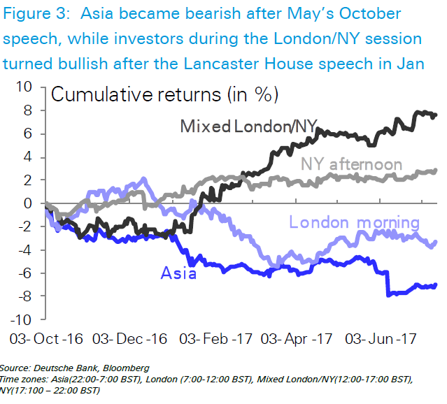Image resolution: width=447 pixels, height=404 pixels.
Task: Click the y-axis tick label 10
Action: pos(24,87)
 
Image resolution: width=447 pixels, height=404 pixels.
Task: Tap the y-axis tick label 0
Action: pos(28,203)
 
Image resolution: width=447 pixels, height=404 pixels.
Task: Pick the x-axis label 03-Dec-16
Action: pos(129,340)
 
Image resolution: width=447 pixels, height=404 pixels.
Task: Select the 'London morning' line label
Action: pos(354,223)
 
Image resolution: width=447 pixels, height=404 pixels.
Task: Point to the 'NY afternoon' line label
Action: pos(352,165)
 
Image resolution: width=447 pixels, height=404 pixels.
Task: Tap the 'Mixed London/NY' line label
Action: pos(249,126)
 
